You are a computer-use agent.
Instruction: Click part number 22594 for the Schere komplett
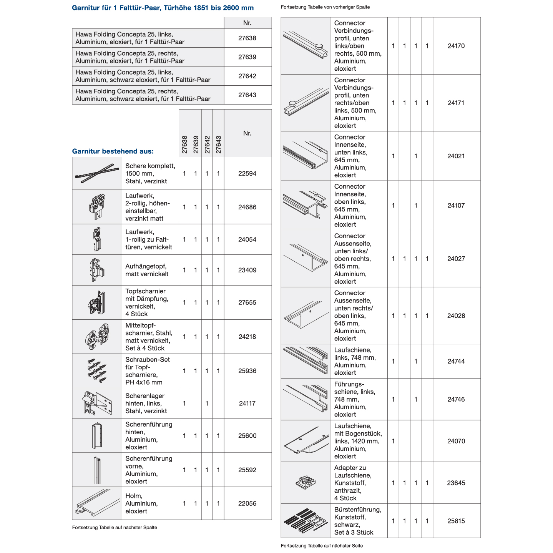click(247, 174)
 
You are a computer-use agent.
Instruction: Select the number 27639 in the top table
click(247, 57)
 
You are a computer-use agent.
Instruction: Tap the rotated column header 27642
click(207, 144)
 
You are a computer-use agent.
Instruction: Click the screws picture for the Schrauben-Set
click(97, 371)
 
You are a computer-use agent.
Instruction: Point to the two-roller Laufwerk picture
click(97, 207)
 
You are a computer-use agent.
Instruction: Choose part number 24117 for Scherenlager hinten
click(247, 404)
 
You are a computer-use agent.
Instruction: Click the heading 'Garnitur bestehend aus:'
click(113, 151)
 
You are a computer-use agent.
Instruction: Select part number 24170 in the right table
click(456, 46)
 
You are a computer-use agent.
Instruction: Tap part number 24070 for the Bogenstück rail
click(456, 441)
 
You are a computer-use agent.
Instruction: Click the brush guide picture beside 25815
click(306, 521)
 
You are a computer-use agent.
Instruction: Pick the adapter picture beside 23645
click(306, 482)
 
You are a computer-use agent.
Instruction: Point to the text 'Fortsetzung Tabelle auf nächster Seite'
click(322, 546)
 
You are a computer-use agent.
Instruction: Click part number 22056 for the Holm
click(247, 503)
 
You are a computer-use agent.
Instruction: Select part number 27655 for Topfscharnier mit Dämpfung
click(247, 303)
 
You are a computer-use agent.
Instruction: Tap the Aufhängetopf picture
click(97, 270)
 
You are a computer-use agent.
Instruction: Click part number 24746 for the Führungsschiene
click(456, 400)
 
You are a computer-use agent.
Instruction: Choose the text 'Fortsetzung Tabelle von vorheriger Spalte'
click(325, 7)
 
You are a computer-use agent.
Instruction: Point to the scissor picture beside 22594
click(97, 173)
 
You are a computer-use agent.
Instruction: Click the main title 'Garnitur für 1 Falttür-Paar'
click(163, 8)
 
